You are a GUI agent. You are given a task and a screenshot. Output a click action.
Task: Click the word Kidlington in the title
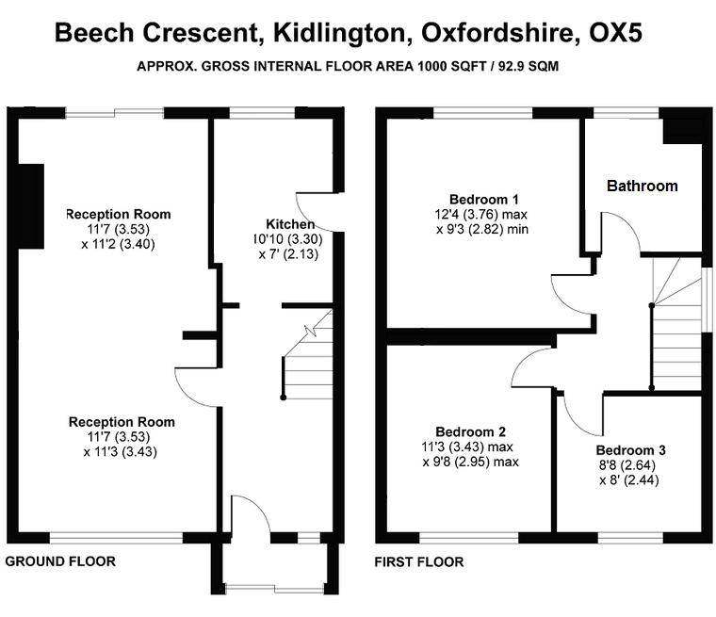click(339, 33)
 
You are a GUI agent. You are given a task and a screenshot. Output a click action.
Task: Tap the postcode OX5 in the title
click(615, 33)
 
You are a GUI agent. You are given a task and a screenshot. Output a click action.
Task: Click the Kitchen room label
click(290, 224)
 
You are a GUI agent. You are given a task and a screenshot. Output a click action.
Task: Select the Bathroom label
click(642, 186)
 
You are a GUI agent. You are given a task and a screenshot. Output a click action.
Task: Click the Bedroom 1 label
click(484, 199)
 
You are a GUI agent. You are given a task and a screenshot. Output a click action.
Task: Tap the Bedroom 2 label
click(470, 431)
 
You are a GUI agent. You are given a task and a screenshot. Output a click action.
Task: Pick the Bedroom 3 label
click(630, 450)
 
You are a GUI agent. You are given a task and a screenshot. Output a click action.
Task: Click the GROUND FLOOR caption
click(60, 561)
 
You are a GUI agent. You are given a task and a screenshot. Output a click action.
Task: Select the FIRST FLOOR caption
click(419, 561)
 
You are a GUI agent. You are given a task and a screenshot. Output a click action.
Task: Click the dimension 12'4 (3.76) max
click(481, 214)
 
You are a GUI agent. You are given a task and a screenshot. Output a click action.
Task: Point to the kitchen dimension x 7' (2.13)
click(288, 254)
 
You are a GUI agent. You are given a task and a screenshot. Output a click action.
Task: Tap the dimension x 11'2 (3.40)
click(119, 244)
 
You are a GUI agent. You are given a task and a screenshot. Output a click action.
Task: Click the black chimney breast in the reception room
click(31, 206)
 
